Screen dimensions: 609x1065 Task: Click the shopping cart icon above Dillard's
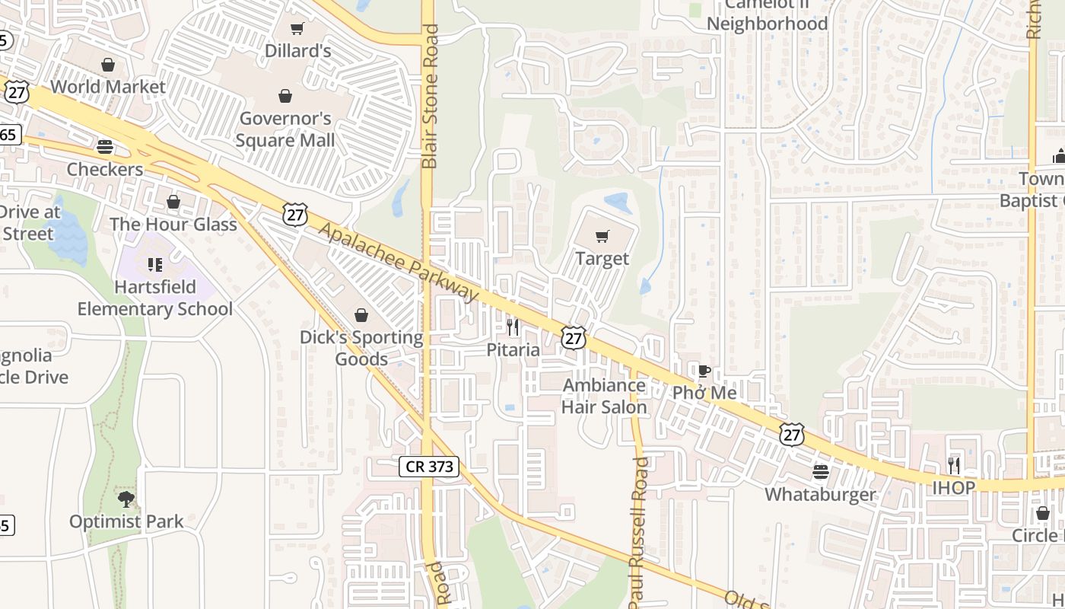tap(297, 29)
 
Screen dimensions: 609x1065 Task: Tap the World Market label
tap(108, 87)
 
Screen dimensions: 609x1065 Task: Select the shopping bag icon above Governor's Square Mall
tap(285, 96)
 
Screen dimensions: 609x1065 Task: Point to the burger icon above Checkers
tap(105, 146)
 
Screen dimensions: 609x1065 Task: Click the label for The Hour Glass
tap(173, 225)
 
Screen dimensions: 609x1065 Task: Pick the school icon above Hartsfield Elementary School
tap(155, 265)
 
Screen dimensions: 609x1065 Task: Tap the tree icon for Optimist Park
tap(126, 499)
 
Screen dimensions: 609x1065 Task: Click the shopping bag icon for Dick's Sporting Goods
tap(361, 315)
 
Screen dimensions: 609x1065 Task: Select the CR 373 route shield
tap(429, 467)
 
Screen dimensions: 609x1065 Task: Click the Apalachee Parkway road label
tap(399, 261)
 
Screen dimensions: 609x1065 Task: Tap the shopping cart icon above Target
tap(602, 237)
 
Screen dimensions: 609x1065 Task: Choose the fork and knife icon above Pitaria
tap(513, 327)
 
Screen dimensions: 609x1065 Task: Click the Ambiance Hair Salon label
tap(604, 396)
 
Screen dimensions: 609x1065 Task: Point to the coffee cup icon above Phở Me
tap(704, 371)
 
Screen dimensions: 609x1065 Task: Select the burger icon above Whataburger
tap(820, 472)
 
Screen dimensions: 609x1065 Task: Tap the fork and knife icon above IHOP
tap(954, 465)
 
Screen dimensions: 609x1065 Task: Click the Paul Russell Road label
tap(639, 532)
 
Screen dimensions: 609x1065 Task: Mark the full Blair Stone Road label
tap(431, 97)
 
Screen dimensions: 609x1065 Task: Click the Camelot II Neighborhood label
tap(767, 14)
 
